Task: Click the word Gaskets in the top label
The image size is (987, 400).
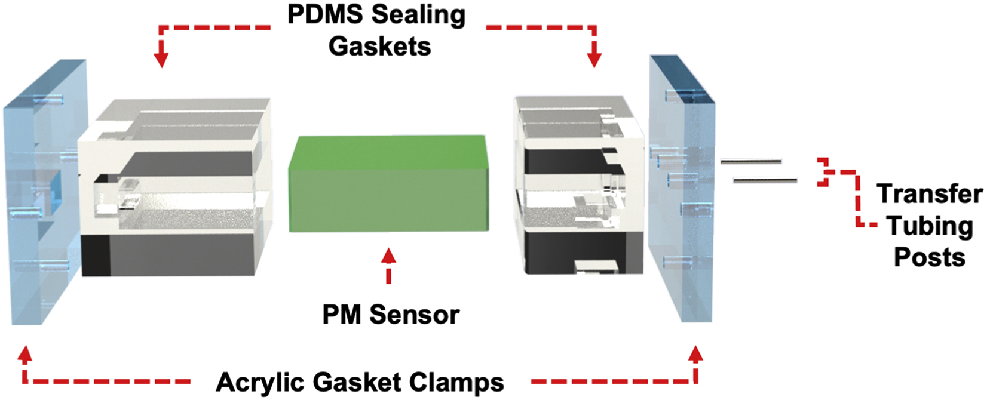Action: [379, 46]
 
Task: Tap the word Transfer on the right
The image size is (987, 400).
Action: [929, 194]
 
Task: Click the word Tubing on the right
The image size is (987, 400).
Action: [929, 226]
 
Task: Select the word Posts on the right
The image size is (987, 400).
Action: [929, 257]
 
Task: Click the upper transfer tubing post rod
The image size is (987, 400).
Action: [751, 161]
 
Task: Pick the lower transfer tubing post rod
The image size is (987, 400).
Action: [765, 180]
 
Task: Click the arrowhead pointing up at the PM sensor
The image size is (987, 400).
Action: [389, 256]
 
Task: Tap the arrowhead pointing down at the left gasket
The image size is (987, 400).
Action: [161, 59]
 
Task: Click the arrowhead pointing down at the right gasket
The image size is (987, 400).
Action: [594, 59]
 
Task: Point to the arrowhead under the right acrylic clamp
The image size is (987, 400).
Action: [695, 355]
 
